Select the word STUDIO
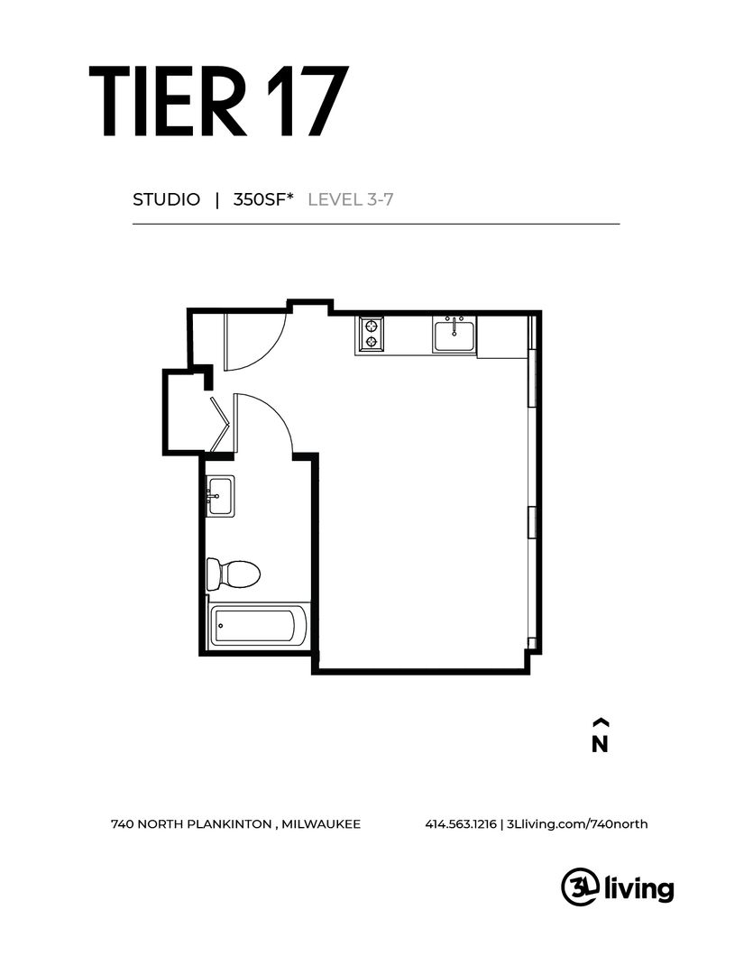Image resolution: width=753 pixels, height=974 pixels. coord(166,199)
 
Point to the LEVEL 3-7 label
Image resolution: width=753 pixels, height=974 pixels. coord(351,199)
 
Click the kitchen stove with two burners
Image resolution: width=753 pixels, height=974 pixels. coord(371,334)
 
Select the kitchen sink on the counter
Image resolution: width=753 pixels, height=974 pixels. coord(455,335)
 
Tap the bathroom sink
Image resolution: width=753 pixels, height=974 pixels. coord(219,496)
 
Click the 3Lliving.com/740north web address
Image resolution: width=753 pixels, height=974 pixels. coord(576,823)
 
